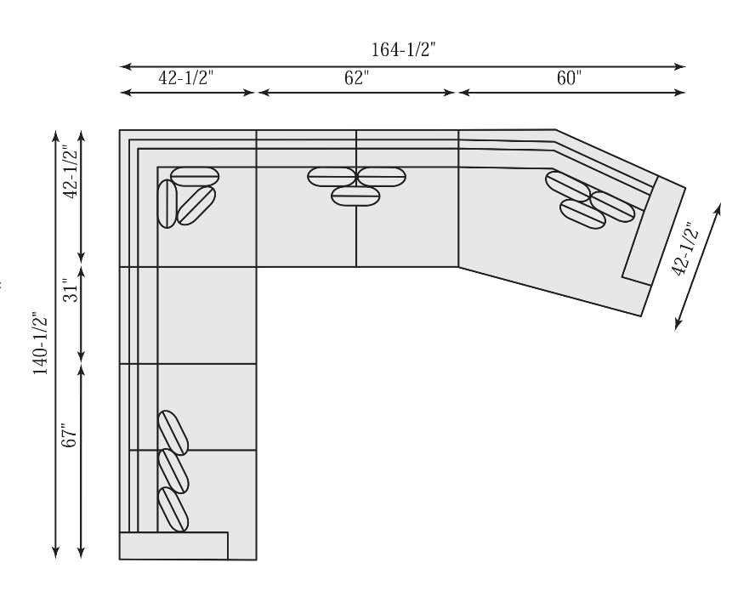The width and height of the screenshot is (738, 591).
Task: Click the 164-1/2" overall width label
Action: point(403,49)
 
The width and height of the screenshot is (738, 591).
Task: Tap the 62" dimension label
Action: point(357,77)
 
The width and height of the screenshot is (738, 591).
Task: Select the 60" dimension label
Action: point(569,77)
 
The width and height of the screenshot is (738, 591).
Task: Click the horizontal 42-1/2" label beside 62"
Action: point(186,77)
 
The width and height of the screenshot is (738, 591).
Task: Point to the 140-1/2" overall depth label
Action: point(41,343)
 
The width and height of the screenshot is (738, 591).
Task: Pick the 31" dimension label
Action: point(70,291)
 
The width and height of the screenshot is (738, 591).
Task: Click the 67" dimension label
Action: point(69,435)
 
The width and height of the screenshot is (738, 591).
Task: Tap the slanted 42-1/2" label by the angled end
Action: point(684,248)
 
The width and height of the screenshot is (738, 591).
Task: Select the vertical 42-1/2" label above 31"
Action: point(70,172)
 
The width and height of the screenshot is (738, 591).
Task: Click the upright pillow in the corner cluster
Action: point(167,203)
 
